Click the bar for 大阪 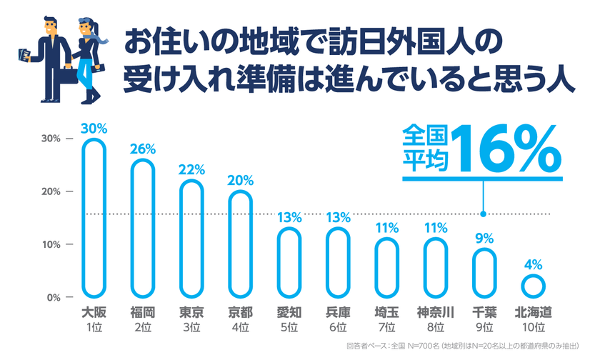(x=94, y=218)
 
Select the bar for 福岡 (x=143, y=229)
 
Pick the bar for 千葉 (x=484, y=273)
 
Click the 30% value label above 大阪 (x=94, y=129)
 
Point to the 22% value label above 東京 (x=192, y=170)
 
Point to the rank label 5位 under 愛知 (x=289, y=327)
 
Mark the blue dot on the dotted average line (x=484, y=214)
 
